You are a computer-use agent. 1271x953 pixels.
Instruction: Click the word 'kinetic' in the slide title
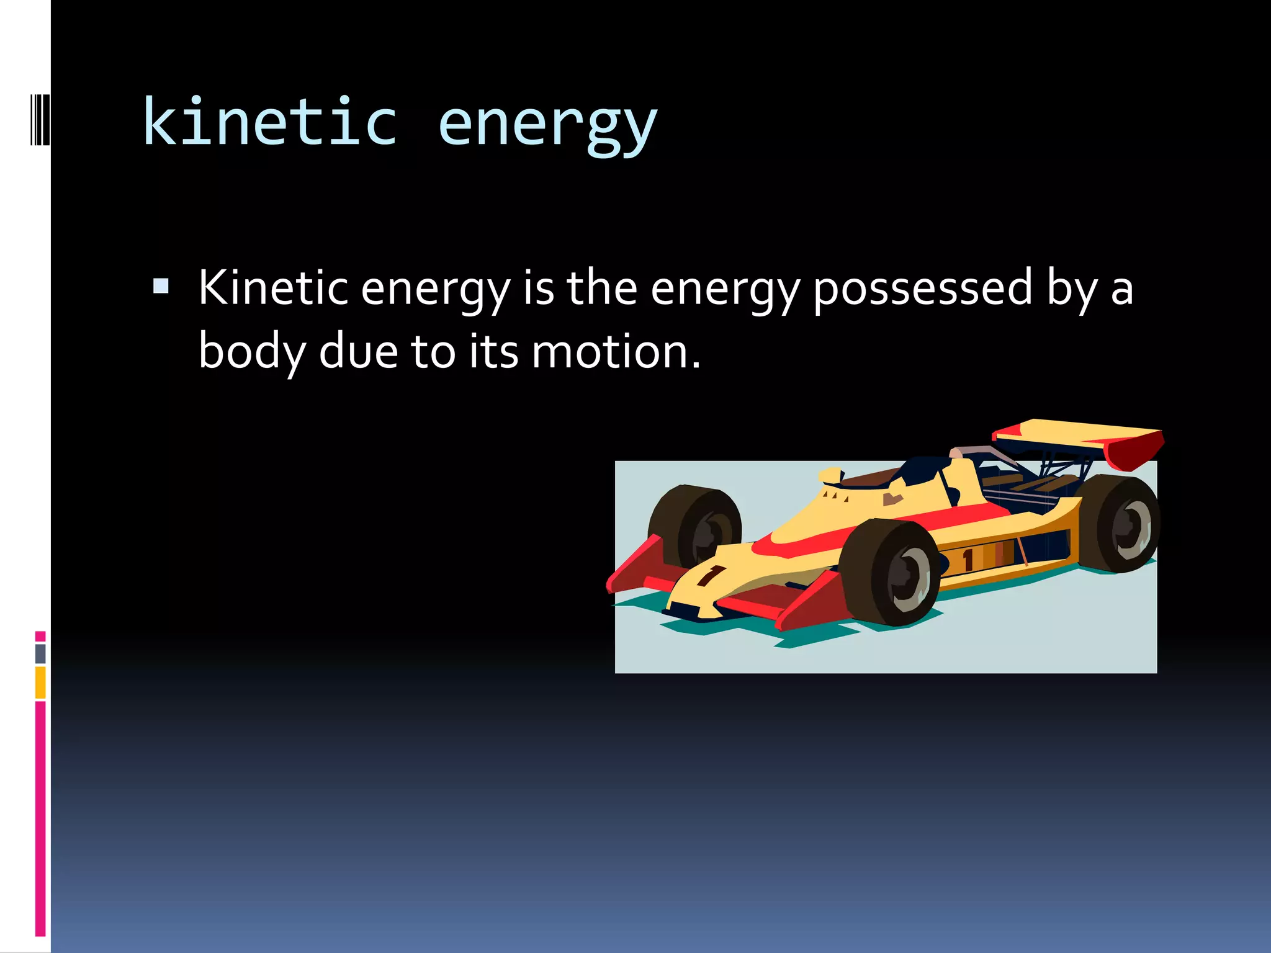tap(269, 122)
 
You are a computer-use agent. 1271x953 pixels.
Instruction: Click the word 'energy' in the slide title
tap(547, 124)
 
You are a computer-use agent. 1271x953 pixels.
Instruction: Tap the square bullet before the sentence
tap(161, 286)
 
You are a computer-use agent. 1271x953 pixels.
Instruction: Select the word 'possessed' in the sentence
tap(922, 289)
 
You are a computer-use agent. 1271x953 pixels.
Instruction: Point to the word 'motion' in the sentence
tap(609, 352)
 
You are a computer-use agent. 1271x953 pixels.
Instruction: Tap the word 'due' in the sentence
tap(358, 352)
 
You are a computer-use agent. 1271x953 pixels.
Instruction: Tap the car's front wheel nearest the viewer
tap(894, 573)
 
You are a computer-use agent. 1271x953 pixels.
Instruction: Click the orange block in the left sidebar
tap(40, 682)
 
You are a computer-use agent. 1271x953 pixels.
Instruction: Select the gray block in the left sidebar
tap(40, 653)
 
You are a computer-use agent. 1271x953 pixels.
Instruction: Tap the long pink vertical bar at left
tap(40, 819)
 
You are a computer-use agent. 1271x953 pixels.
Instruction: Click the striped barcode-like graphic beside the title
tap(40, 119)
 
